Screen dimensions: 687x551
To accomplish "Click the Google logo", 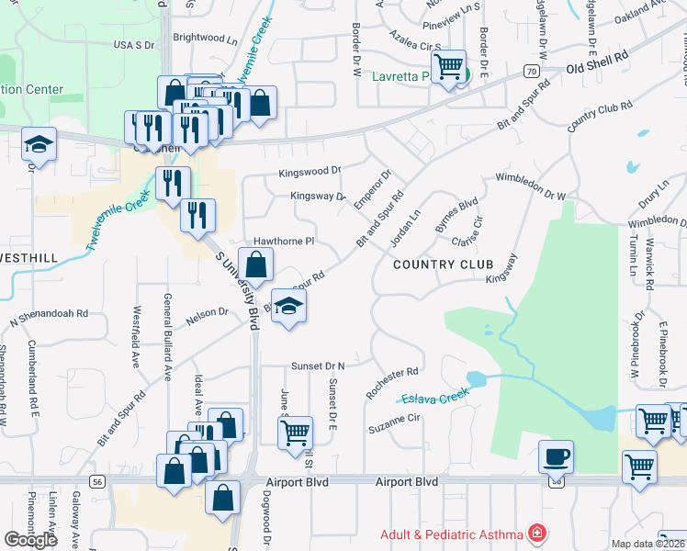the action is [30, 540].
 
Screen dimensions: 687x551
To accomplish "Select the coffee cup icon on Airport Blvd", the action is [556, 456].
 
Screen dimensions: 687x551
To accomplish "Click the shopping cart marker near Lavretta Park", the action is [448, 67].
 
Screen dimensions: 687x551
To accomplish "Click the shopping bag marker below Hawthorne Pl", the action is [257, 265].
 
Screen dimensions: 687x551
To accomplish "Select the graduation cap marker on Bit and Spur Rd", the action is [289, 307].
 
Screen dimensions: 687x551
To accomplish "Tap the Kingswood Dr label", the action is [310, 171].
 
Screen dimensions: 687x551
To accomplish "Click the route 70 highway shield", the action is [532, 71].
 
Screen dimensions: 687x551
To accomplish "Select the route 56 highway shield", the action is [98, 480].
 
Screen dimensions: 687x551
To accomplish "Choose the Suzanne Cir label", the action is [393, 423].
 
